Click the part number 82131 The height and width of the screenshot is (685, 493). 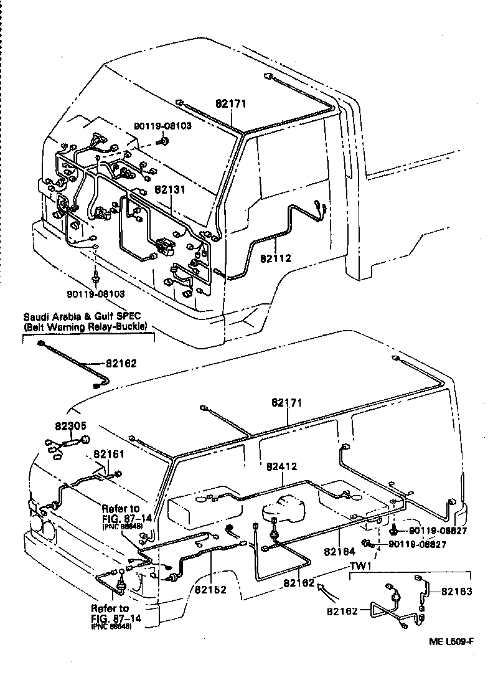click(x=170, y=191)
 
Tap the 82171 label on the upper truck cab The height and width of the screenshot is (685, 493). click(x=231, y=105)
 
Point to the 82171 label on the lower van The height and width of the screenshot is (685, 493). click(x=286, y=403)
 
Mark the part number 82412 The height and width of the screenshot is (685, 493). click(x=282, y=466)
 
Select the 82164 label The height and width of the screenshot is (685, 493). click(x=340, y=552)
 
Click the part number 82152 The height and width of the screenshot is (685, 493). click(x=210, y=590)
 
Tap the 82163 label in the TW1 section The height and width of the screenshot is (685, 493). click(x=458, y=591)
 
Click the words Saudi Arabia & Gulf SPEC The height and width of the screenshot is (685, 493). click(x=84, y=316)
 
